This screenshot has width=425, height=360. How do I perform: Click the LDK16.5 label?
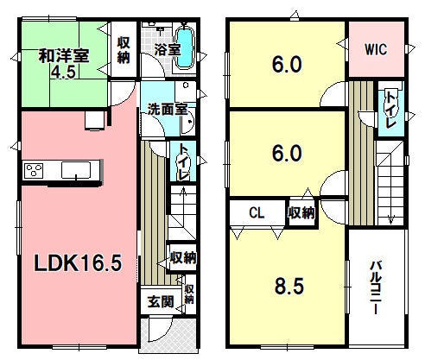(x=78, y=263)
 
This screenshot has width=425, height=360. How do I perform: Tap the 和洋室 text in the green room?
(x=64, y=56)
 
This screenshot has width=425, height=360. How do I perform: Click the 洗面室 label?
(x=168, y=110)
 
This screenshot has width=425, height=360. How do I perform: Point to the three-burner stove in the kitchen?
(x=34, y=170)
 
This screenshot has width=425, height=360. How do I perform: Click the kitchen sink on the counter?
(x=76, y=170)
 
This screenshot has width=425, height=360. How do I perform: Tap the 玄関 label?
(x=161, y=302)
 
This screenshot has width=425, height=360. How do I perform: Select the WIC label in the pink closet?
(x=376, y=49)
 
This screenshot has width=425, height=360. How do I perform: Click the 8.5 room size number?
(x=289, y=286)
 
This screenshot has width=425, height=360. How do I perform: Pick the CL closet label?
(x=257, y=213)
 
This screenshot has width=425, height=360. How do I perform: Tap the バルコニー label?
(x=376, y=287)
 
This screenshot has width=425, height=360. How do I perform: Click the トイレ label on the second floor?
(x=390, y=110)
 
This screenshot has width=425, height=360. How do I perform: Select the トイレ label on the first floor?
(x=183, y=161)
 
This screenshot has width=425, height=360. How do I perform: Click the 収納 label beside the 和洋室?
(x=124, y=50)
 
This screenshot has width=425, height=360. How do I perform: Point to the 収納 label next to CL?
(x=301, y=213)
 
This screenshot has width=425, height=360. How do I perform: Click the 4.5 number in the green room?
(x=63, y=72)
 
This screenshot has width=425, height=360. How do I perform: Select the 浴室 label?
(x=168, y=49)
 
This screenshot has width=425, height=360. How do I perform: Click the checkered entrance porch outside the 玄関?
(x=168, y=334)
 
